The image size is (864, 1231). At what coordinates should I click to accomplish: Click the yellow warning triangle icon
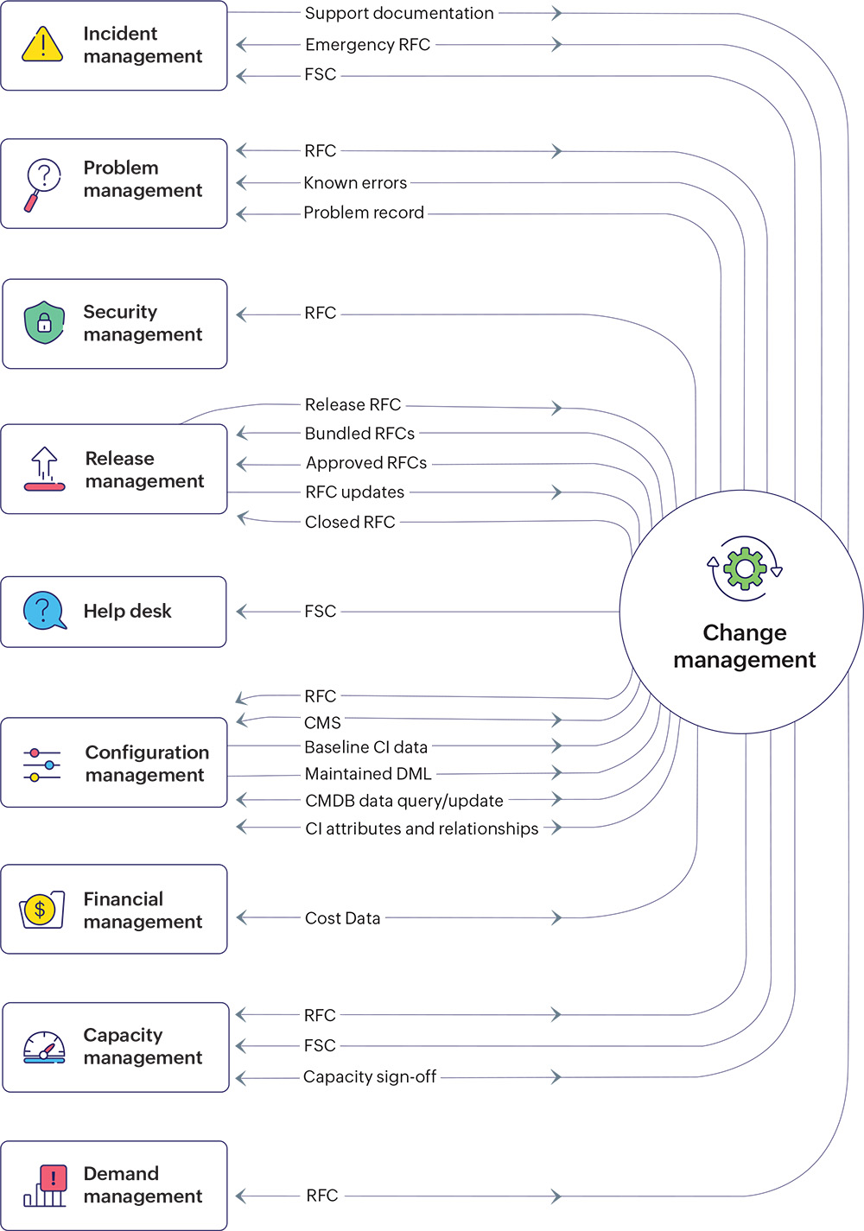point(42,44)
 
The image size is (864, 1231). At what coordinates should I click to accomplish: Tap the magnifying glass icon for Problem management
point(42,184)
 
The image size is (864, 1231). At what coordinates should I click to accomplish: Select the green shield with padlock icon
point(45,323)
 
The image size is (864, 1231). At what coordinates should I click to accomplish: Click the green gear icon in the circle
point(745,568)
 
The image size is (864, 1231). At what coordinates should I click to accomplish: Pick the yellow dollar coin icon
point(41,910)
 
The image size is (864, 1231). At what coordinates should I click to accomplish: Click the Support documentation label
point(399,13)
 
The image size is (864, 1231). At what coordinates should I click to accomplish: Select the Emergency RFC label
point(367,45)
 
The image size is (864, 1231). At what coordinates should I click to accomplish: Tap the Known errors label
point(355,183)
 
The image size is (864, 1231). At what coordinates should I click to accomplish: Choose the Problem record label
point(364,213)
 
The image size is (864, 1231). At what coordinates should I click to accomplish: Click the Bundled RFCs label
point(359,434)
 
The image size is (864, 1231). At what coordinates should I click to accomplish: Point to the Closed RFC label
point(350,522)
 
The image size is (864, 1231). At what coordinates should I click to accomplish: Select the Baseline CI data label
point(366,747)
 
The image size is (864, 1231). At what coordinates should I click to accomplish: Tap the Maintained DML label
point(368,774)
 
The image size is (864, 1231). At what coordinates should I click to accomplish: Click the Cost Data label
point(342,918)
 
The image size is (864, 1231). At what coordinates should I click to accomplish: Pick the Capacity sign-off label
point(370,1076)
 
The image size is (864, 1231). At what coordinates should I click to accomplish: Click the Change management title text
point(745,646)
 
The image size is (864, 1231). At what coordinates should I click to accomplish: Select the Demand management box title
point(143,1185)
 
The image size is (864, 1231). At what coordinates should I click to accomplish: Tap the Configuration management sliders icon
point(42,765)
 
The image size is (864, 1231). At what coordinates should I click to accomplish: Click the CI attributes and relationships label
point(422,828)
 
